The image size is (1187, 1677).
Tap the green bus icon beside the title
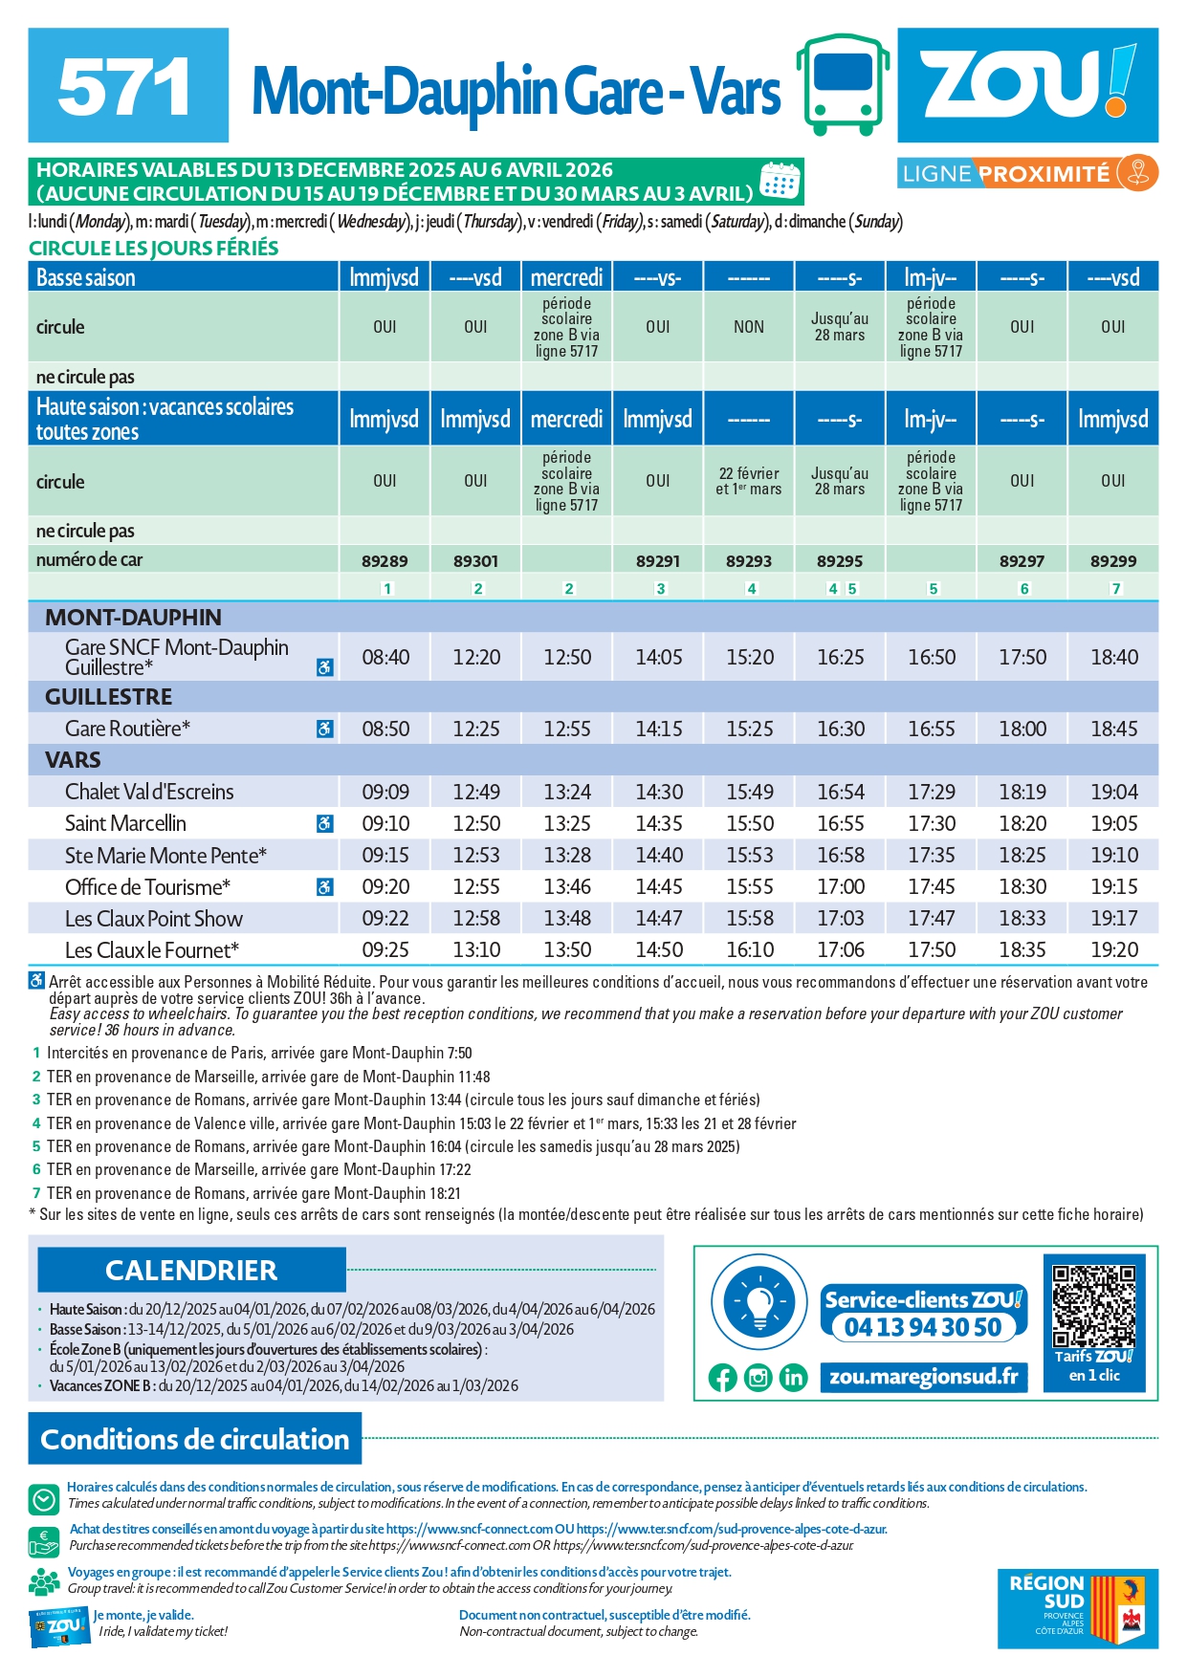(842, 84)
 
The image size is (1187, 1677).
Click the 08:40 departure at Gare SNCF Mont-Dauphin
(385, 657)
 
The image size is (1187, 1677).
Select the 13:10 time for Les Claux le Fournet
(476, 949)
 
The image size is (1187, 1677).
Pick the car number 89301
(475, 561)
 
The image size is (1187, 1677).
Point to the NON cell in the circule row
(749, 327)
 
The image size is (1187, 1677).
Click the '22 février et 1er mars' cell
(749, 481)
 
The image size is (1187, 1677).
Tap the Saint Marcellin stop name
(125, 823)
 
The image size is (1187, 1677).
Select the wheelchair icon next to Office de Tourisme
(325, 887)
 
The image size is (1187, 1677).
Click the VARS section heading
(73, 760)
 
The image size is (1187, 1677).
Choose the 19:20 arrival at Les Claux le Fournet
(1114, 949)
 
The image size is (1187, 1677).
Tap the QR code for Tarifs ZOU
(1093, 1306)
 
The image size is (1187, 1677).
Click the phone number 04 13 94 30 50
(923, 1327)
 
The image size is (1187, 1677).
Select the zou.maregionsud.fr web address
(923, 1377)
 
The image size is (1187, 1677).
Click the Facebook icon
(723, 1378)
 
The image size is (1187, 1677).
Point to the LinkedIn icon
(793, 1378)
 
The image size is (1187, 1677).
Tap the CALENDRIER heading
(191, 1270)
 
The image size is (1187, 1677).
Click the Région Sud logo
(1077, 1608)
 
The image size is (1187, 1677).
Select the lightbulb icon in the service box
(759, 1302)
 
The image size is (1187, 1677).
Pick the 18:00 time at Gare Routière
(1022, 729)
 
